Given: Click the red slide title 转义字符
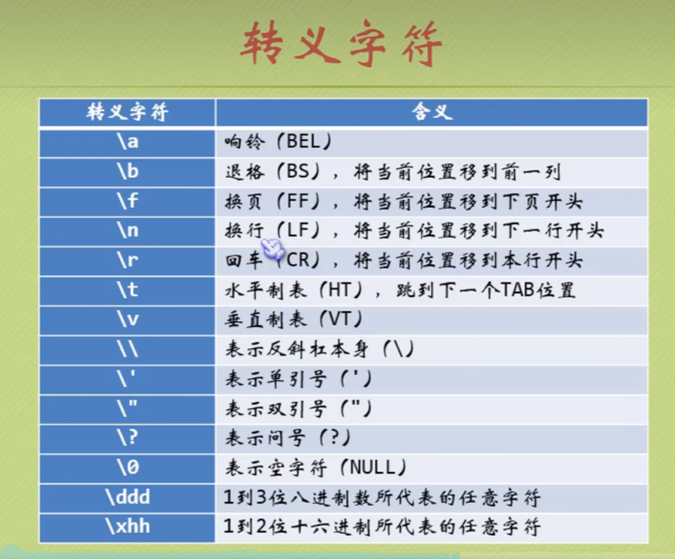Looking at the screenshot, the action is tap(340, 43).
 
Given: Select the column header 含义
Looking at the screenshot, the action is tap(432, 112).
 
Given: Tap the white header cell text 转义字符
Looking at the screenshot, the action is tap(128, 112).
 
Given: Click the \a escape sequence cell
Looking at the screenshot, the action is tap(128, 142).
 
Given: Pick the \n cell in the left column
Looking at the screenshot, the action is tap(128, 231).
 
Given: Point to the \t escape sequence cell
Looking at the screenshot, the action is tap(128, 290).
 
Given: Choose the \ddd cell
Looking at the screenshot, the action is tap(128, 498).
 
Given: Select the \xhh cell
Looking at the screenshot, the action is tap(128, 527).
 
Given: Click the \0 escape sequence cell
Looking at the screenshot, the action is tap(128, 467).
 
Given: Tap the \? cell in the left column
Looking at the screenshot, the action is tap(128, 438).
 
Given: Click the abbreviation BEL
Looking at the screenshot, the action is tap(303, 141).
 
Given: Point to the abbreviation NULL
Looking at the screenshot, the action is tap(372, 467).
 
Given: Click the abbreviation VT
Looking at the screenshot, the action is tap(340, 319).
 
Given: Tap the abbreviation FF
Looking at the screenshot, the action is tap(299, 201).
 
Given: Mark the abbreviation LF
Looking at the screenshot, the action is tap(299, 230).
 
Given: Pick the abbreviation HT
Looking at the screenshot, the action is tap(340, 290).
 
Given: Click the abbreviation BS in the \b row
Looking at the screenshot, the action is tap(298, 172).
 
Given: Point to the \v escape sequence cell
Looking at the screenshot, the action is tap(128, 320).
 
